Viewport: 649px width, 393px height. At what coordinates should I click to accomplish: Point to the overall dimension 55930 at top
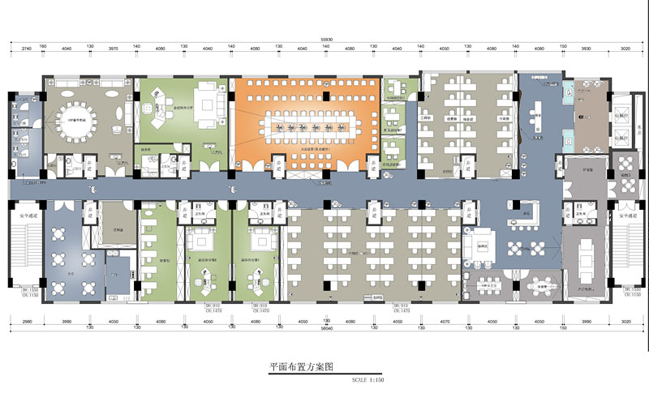[x=325, y=38]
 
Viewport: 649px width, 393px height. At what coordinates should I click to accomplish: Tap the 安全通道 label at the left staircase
[x=25, y=216]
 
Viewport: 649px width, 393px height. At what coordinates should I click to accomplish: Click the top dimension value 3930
[x=588, y=49]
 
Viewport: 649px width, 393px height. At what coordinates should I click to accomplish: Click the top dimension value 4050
[x=445, y=49]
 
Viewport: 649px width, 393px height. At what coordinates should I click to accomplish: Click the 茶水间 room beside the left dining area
[x=120, y=218]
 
